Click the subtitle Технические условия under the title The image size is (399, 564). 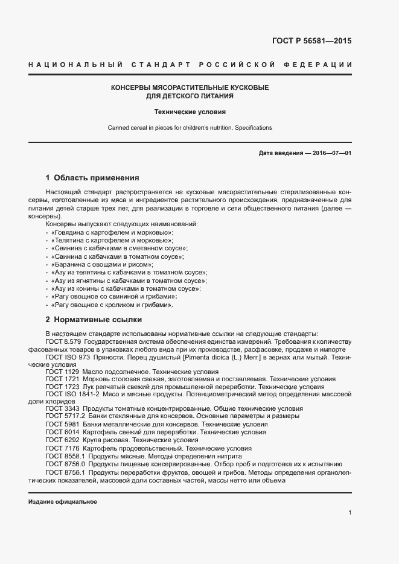tap(190, 112)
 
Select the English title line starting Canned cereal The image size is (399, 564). tap(190, 128)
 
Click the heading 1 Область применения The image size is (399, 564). tap(92, 178)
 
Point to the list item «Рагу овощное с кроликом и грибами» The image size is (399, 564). tap(112, 305)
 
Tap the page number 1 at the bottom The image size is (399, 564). tap(350, 513)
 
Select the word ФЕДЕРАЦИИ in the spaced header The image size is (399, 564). tap(323, 65)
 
